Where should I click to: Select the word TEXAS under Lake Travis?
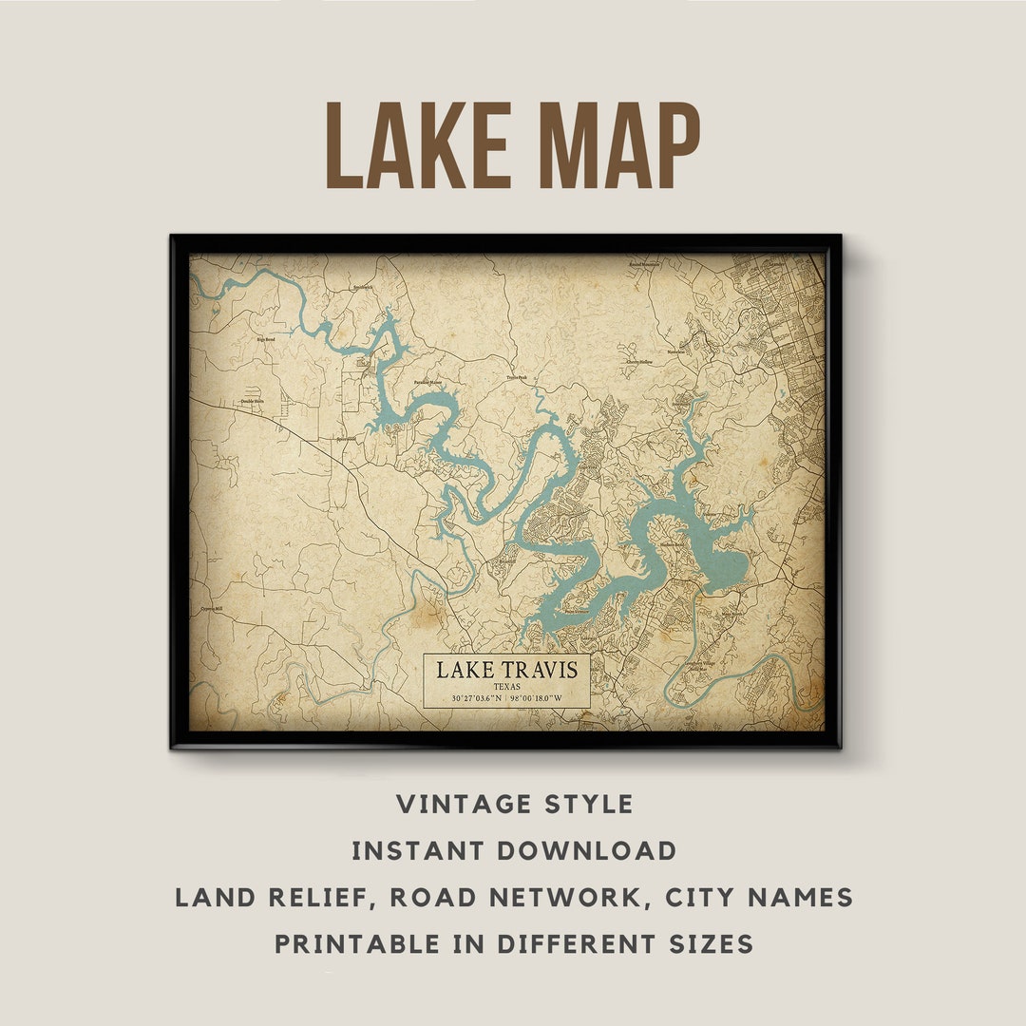click(x=506, y=686)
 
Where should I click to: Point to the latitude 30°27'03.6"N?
click(x=465, y=699)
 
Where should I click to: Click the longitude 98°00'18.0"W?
click(x=537, y=699)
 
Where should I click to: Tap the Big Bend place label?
click(x=265, y=337)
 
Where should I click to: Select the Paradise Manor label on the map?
click(x=427, y=383)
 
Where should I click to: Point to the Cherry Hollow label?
click(x=638, y=362)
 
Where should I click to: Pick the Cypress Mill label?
click(x=211, y=609)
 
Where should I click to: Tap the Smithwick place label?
click(x=363, y=287)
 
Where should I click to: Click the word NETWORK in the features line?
click(x=569, y=898)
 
